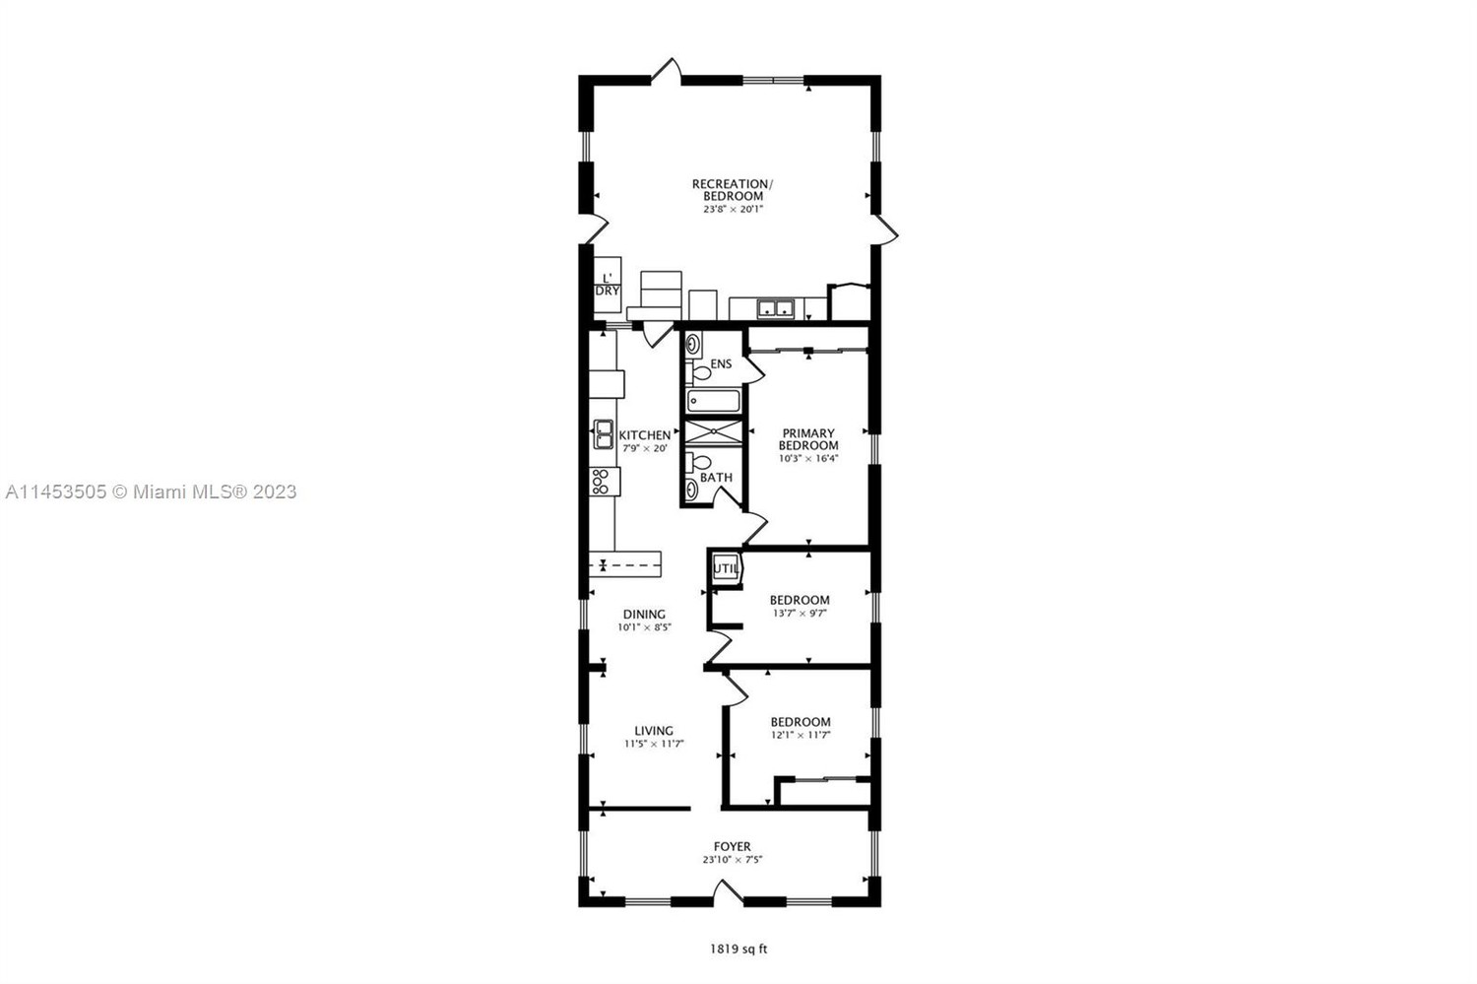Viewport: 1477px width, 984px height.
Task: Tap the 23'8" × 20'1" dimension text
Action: coord(733,209)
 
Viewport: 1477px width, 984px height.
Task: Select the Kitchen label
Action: coord(644,435)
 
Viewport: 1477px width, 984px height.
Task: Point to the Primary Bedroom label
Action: coord(808,439)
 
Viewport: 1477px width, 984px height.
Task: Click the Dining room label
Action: coord(644,614)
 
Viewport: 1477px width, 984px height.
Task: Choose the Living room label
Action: coord(654,731)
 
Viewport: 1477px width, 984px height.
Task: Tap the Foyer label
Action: coord(732,846)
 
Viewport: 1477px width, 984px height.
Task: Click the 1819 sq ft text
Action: coord(738,950)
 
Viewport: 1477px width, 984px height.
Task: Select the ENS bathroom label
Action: coord(721,364)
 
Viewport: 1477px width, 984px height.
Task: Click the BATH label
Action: coord(716,477)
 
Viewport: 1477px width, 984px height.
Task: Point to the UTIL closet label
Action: coord(726,568)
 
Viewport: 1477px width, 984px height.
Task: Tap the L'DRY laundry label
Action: coord(608,285)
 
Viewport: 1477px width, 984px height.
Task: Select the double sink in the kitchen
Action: coord(604,434)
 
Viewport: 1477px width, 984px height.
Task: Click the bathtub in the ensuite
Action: coord(714,401)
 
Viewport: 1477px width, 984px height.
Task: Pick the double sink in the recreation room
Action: coord(775,308)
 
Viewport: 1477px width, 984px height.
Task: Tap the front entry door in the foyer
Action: coord(728,891)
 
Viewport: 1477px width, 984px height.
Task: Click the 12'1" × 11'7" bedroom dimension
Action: coord(800,735)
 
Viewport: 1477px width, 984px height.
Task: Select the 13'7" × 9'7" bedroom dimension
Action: coord(800,613)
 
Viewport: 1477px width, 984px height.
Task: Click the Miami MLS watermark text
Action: coord(151,492)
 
